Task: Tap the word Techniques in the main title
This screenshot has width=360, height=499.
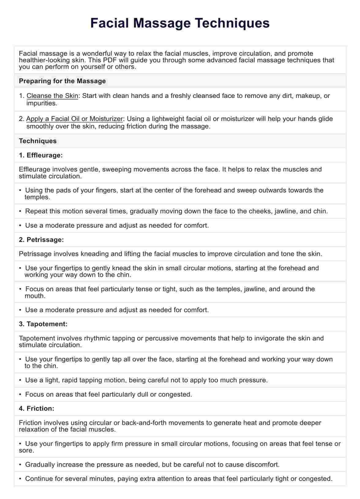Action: (233, 23)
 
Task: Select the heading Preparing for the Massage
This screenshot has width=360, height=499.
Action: (62, 81)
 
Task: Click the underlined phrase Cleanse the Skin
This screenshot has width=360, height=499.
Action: (52, 96)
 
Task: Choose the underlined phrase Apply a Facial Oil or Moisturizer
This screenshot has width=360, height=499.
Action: (74, 119)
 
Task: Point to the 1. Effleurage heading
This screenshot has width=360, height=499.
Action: (41, 155)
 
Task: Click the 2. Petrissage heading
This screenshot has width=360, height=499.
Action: (41, 240)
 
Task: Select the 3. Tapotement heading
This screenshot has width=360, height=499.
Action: (43, 324)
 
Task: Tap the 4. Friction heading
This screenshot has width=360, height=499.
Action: (36, 408)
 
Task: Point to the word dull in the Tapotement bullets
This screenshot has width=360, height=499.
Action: (141, 394)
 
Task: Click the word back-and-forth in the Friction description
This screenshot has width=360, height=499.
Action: (144, 423)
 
